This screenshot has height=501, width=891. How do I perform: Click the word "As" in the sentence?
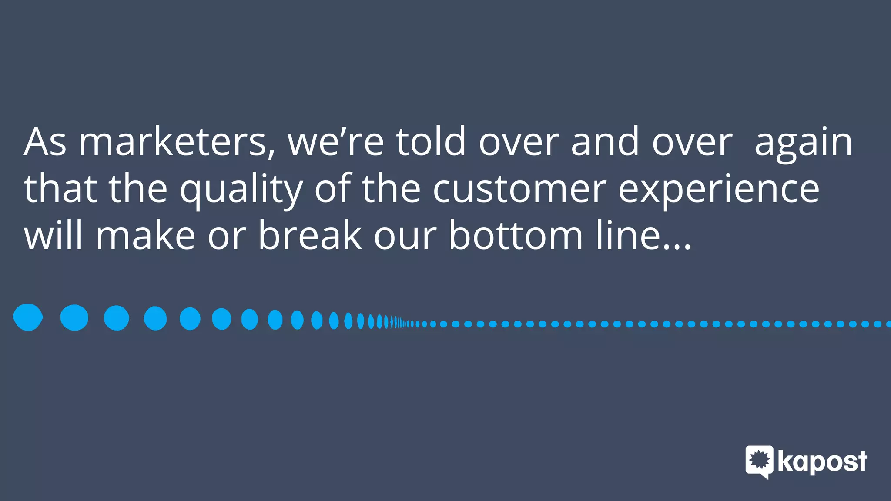coord(45,141)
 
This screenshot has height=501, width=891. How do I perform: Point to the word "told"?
coord(431,141)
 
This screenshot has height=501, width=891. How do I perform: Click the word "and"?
coord(605,141)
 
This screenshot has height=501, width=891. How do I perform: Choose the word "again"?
coord(803,144)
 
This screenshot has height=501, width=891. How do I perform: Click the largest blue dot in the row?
coord(28,317)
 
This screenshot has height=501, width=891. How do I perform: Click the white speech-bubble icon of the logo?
coord(759,461)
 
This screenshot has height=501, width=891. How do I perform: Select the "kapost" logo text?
coord(822,462)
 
